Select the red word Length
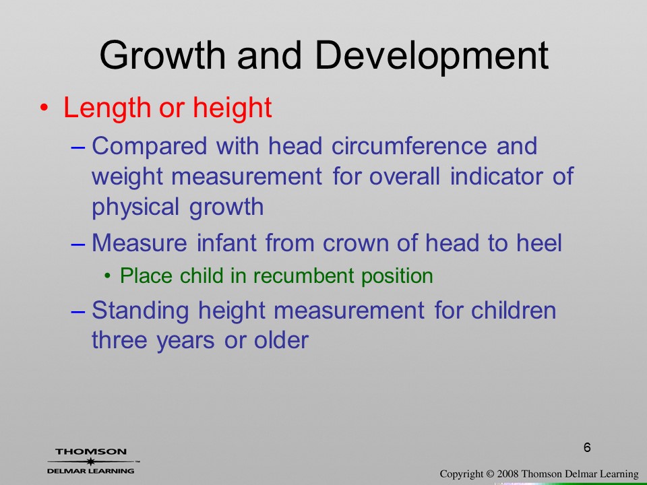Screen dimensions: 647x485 [x=107, y=108]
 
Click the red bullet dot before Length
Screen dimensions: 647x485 [x=44, y=108]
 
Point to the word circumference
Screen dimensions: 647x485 [x=409, y=145]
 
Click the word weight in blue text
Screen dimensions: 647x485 [x=127, y=177]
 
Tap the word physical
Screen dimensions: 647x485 [x=135, y=207]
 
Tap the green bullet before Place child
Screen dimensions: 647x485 [x=108, y=276]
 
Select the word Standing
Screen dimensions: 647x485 [x=140, y=311]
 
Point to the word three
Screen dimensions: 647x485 [x=119, y=340]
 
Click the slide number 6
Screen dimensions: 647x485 [x=587, y=447]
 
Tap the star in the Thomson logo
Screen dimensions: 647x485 [x=91, y=461]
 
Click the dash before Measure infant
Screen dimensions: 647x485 [x=78, y=244]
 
